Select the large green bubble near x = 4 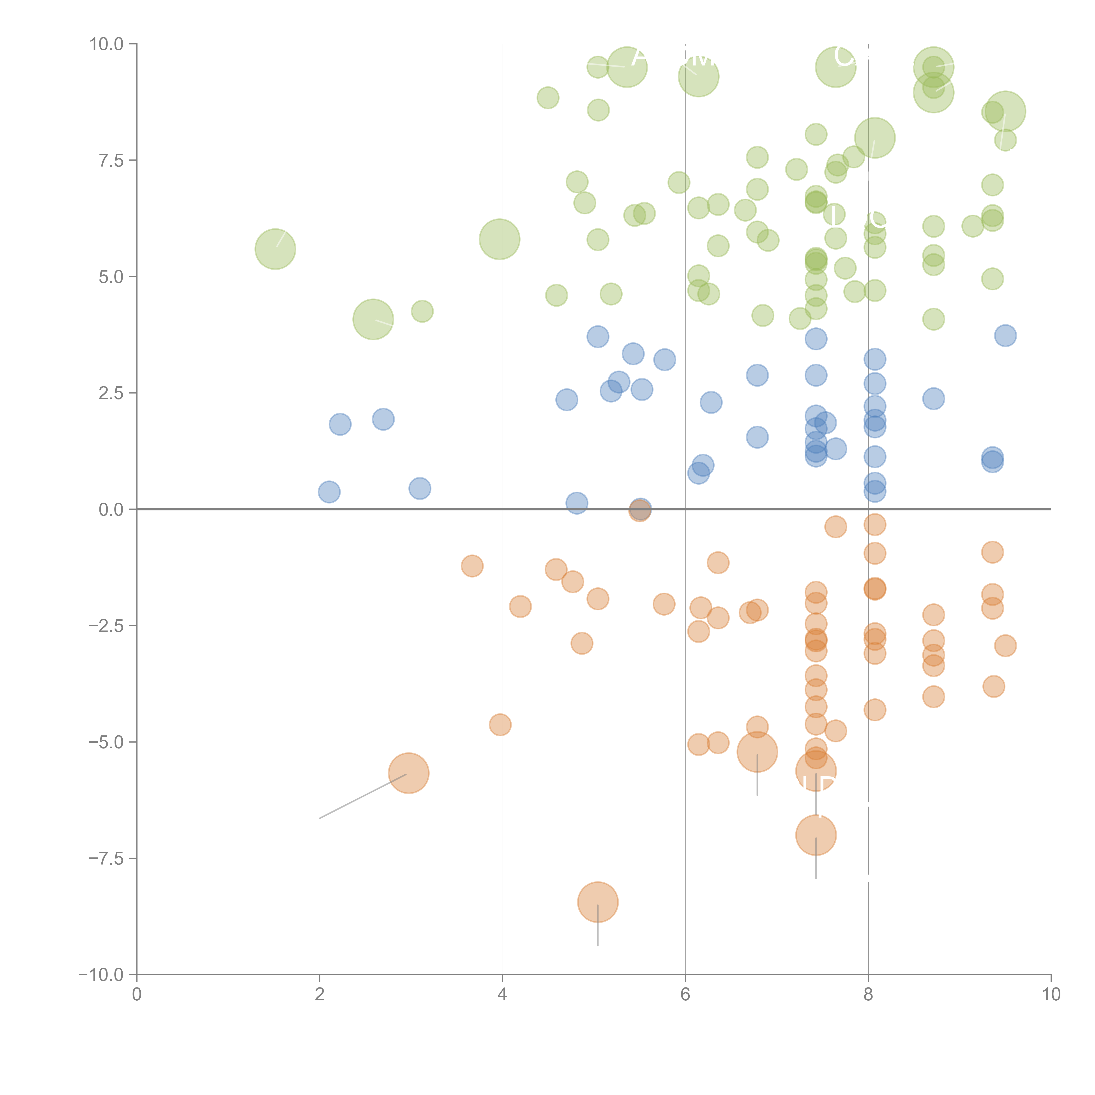coord(499,239)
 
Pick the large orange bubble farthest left coord(409,773)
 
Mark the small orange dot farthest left coord(472,566)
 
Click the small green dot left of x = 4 coord(422,311)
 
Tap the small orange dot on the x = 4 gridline coord(500,724)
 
